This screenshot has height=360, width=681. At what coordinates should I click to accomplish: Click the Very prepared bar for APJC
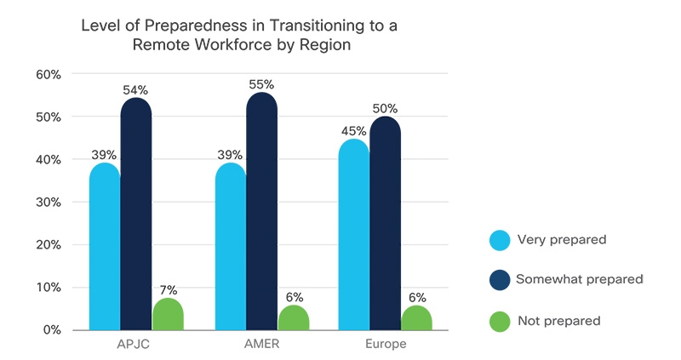105,247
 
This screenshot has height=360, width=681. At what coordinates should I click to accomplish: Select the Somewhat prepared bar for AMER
261,213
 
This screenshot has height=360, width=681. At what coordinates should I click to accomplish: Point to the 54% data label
136,89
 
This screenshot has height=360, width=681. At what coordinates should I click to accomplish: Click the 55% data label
261,84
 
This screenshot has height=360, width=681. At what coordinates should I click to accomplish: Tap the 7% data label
169,290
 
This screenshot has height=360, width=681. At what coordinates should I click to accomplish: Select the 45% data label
354,131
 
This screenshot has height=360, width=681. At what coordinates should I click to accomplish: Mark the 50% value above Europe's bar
385,109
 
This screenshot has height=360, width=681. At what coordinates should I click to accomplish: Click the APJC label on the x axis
136,346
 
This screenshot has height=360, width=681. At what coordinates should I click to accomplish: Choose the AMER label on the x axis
261,346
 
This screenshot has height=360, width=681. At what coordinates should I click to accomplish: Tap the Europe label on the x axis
385,346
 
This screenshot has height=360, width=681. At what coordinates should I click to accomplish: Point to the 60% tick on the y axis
49,75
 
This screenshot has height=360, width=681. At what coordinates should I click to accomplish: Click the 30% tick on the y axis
49,203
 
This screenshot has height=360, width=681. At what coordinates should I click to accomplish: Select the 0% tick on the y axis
52,330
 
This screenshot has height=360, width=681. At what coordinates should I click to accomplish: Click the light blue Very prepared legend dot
501,240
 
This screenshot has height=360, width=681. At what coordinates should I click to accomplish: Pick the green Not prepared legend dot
501,322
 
